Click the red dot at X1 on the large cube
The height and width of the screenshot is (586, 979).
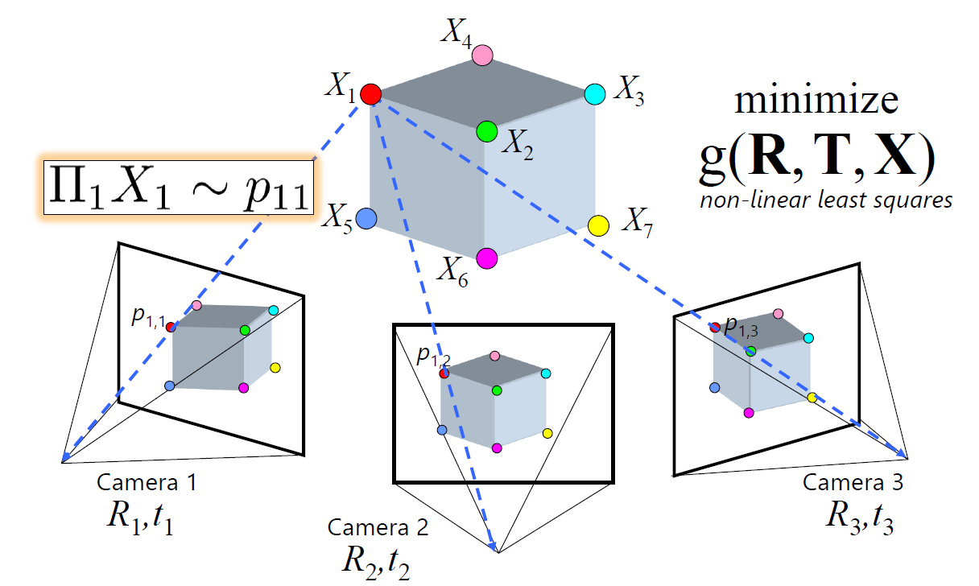click(x=370, y=94)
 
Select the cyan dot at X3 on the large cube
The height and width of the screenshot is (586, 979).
click(x=594, y=93)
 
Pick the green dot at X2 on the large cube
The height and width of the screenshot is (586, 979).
click(x=486, y=130)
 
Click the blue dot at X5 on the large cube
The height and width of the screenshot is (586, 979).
click(x=366, y=217)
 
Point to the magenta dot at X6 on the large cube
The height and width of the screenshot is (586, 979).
click(x=486, y=258)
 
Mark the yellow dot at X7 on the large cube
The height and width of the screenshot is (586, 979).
click(x=598, y=225)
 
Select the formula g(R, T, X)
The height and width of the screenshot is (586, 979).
click(x=816, y=159)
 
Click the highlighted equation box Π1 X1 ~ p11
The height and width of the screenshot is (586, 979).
click(x=177, y=185)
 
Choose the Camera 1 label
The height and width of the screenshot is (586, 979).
click(x=146, y=483)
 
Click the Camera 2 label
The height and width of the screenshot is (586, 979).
click(x=378, y=528)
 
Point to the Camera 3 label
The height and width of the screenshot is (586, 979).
click(x=853, y=482)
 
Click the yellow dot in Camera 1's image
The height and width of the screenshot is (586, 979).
click(x=275, y=368)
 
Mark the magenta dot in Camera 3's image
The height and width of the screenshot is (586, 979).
click(x=749, y=412)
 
